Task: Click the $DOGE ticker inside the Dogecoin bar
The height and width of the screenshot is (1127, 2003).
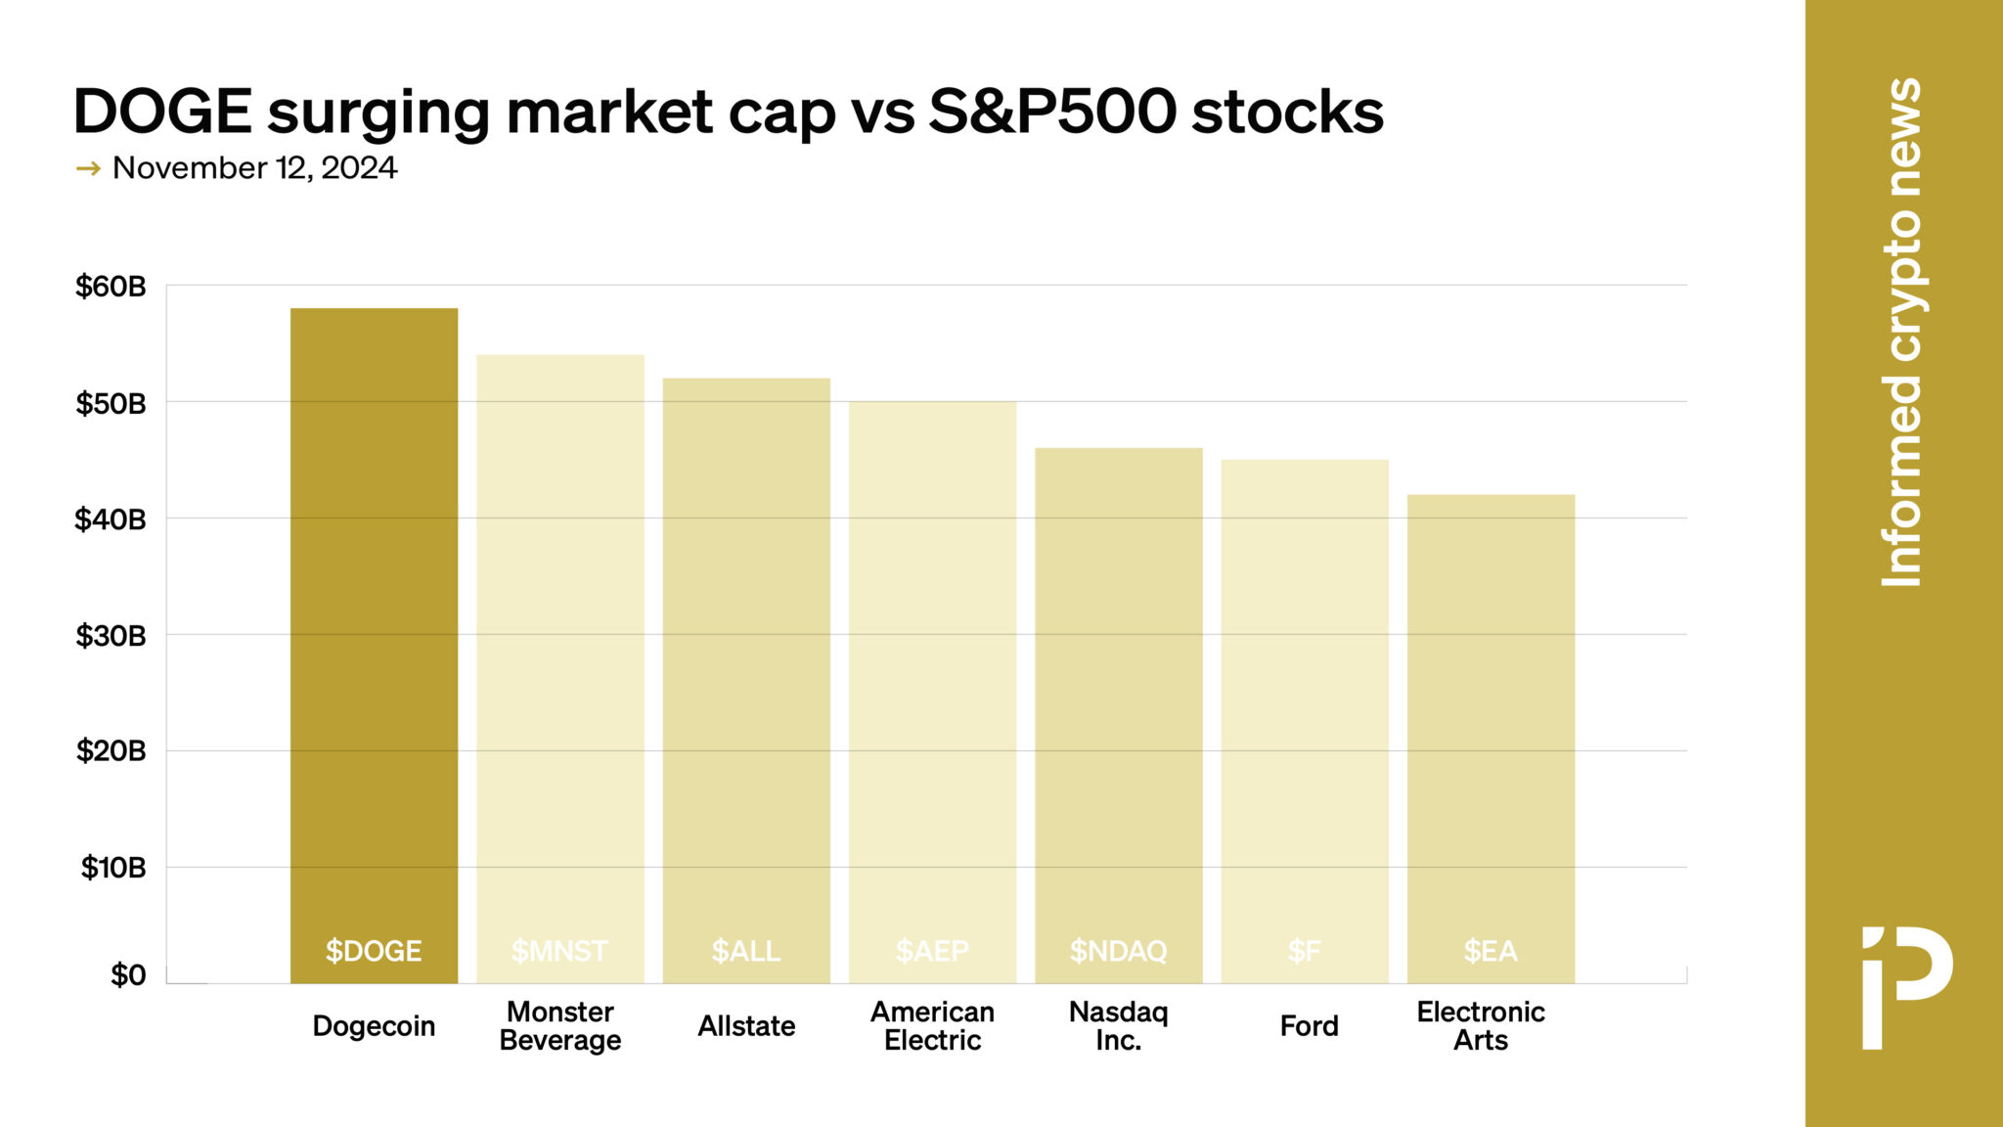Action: (x=374, y=951)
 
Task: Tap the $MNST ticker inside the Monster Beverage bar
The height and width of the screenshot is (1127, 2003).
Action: (x=559, y=951)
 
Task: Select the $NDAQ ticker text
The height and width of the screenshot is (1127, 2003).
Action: (x=1118, y=951)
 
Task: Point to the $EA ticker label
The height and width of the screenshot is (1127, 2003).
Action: (x=1491, y=951)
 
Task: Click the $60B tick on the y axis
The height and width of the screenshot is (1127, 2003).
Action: (x=111, y=287)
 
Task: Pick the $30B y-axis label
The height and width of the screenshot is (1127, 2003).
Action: (x=111, y=636)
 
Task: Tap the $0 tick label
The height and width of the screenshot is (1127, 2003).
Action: (x=128, y=975)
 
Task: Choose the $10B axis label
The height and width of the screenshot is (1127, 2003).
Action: (x=113, y=868)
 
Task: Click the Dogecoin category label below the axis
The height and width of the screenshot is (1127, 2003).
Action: (x=374, y=1026)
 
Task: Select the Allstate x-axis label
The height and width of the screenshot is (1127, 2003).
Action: (x=746, y=1026)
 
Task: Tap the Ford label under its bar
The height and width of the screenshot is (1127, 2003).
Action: (x=1309, y=1026)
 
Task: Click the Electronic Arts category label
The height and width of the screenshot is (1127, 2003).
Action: (x=1481, y=1026)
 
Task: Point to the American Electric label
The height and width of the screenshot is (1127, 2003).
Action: (x=932, y=1026)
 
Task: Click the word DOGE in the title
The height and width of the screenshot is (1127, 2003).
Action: (x=162, y=112)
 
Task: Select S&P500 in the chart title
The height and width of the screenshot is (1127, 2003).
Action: (x=1051, y=112)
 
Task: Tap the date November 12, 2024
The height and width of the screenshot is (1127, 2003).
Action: (x=254, y=168)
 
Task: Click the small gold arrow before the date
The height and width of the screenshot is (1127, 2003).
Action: (x=88, y=169)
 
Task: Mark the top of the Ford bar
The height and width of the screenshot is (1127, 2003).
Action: (x=1305, y=461)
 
